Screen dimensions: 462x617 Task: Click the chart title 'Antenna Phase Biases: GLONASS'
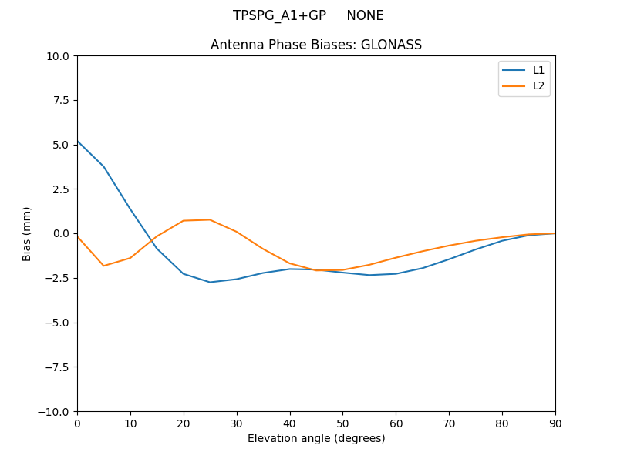point(316,45)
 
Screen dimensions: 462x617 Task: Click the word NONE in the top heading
point(365,15)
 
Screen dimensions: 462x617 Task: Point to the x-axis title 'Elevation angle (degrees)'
point(316,438)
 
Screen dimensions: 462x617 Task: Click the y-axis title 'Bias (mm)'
point(27,233)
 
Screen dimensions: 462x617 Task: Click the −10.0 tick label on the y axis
point(56,411)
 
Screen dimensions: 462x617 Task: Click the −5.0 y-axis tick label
point(59,323)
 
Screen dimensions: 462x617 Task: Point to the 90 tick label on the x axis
point(555,423)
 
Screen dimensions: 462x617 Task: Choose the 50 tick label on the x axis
point(342,423)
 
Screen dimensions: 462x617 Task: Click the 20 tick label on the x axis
point(184,423)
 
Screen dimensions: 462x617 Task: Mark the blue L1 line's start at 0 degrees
point(77,141)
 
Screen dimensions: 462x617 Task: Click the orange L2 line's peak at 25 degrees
point(210,219)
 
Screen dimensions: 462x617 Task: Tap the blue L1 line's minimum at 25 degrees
point(210,282)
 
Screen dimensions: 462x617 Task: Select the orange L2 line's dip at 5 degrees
point(103,266)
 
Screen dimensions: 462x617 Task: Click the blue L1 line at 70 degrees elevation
point(449,259)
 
